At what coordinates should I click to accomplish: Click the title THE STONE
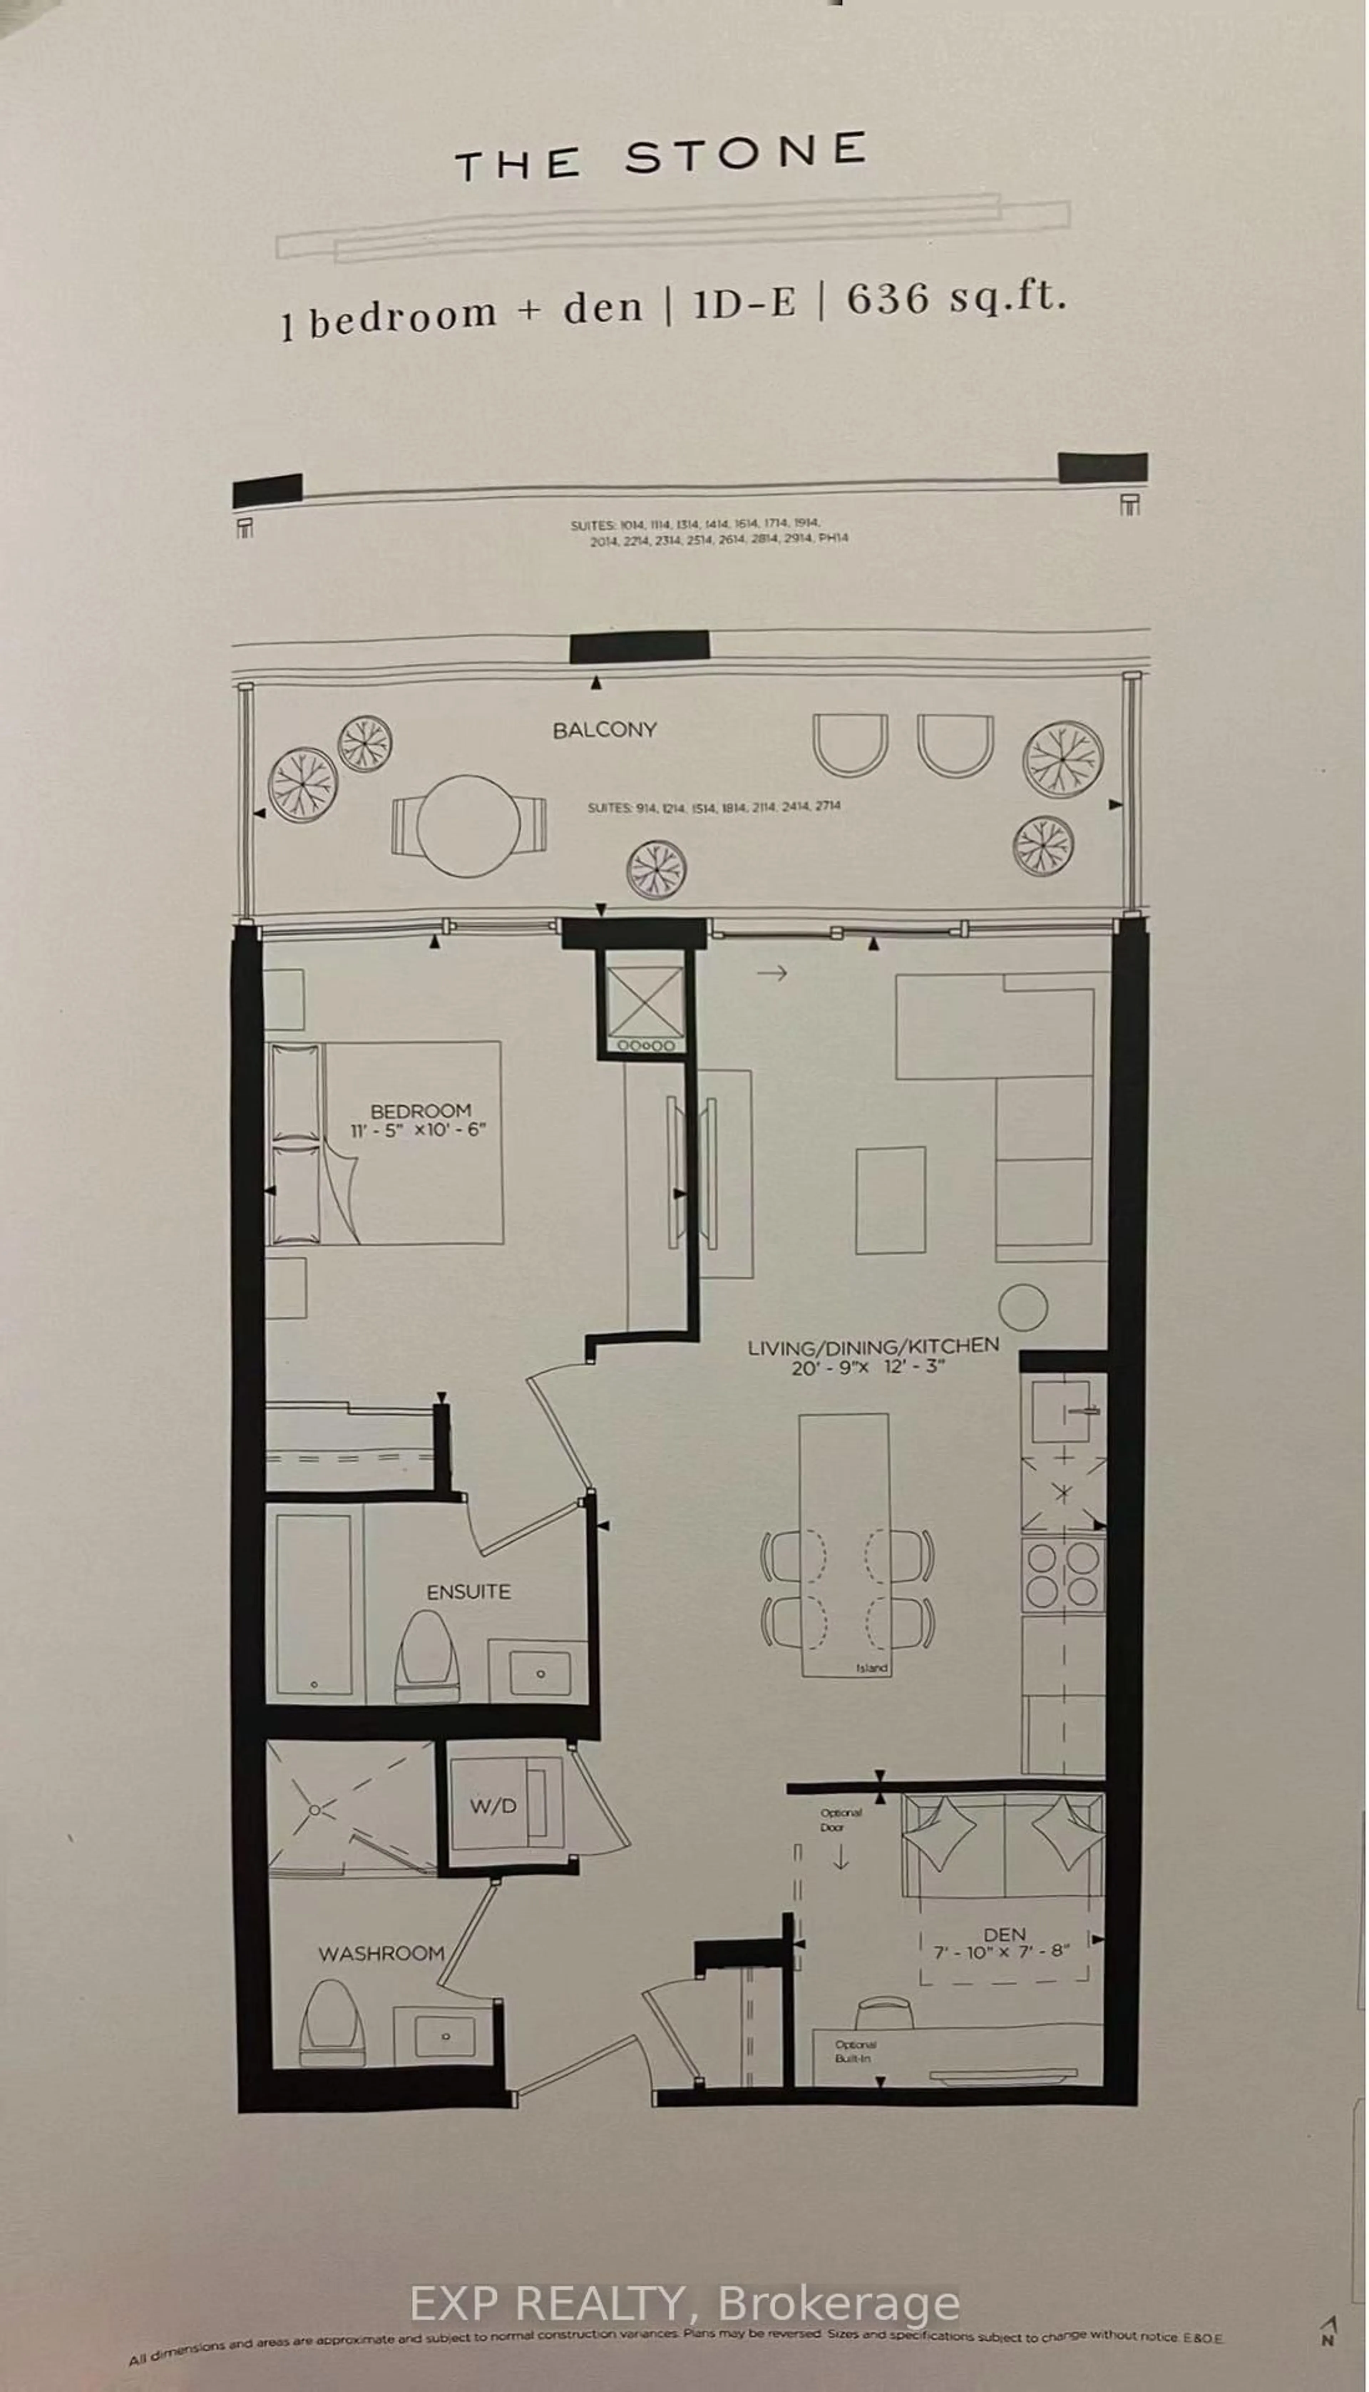[x=661, y=157]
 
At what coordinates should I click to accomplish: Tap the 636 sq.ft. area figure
[x=956, y=299]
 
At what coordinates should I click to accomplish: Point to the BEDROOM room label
[x=420, y=1111]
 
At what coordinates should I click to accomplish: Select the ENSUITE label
[x=468, y=1592]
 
